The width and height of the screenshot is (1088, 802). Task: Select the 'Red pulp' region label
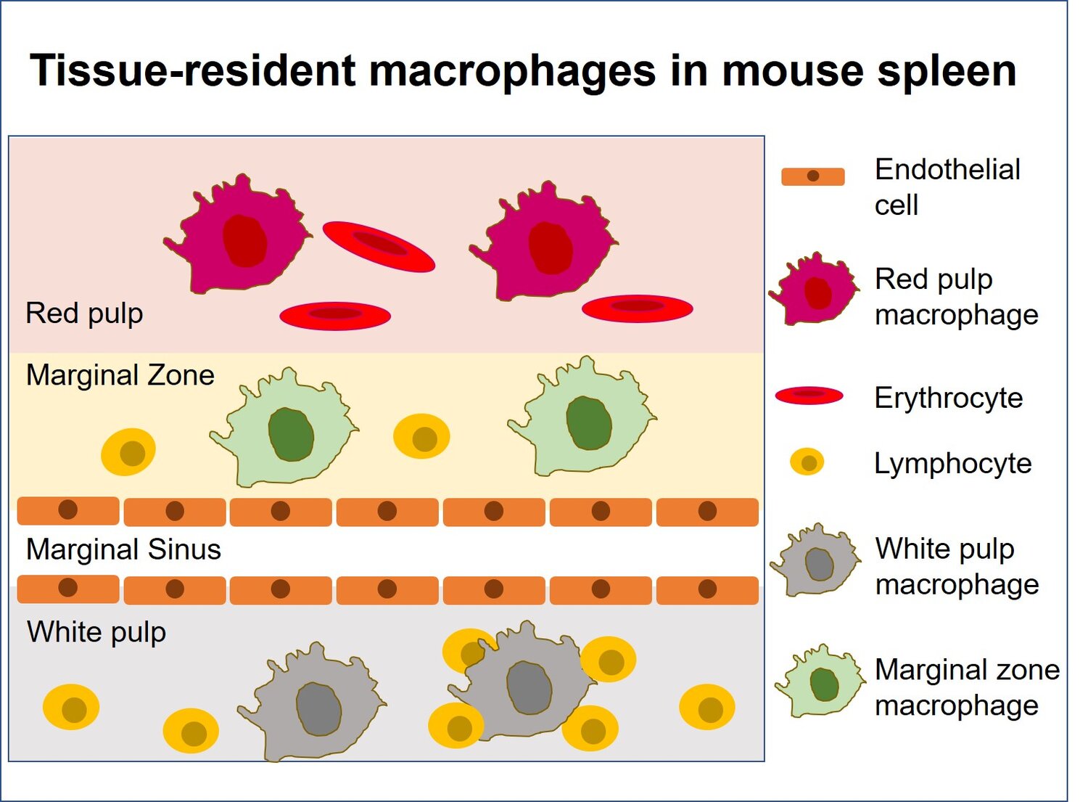[x=84, y=314]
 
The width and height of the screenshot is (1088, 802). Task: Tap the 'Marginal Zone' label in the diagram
[x=120, y=375]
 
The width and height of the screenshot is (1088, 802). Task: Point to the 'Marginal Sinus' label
[x=123, y=549]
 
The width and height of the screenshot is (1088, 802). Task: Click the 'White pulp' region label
[x=96, y=631]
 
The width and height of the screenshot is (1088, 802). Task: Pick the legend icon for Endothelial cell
[x=812, y=176]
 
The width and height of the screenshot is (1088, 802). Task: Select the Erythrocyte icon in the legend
[x=809, y=396]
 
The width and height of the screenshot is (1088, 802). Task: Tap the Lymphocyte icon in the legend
[x=807, y=462]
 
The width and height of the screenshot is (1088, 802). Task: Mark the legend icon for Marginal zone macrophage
[x=821, y=682]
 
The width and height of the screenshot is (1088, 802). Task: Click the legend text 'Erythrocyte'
[x=948, y=398]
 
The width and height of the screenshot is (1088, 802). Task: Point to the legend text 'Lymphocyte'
[x=952, y=463]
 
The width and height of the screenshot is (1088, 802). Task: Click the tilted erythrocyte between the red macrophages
[x=378, y=247]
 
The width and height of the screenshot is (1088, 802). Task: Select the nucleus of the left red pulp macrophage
[x=244, y=240]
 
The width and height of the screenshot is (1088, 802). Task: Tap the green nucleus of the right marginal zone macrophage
[x=588, y=422]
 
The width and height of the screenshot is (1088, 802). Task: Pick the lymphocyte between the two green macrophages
[x=421, y=437]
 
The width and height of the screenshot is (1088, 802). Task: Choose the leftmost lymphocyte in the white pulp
[x=71, y=707]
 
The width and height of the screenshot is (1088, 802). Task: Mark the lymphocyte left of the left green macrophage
[x=128, y=452]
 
